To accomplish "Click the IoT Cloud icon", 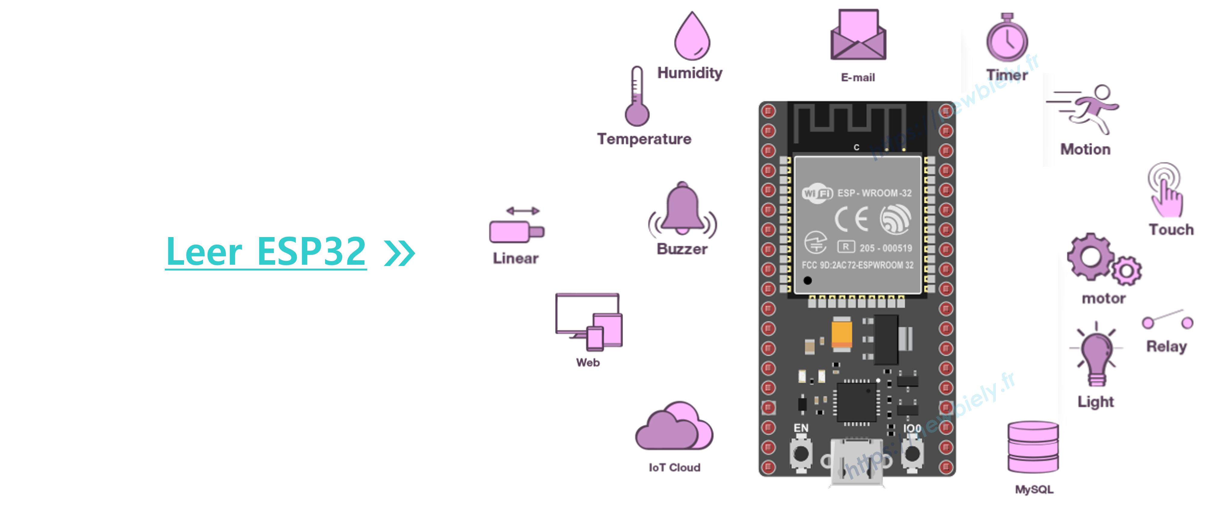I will coord(674,427).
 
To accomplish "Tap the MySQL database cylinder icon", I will coord(1033,448).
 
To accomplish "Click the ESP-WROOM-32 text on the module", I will coord(874,193).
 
